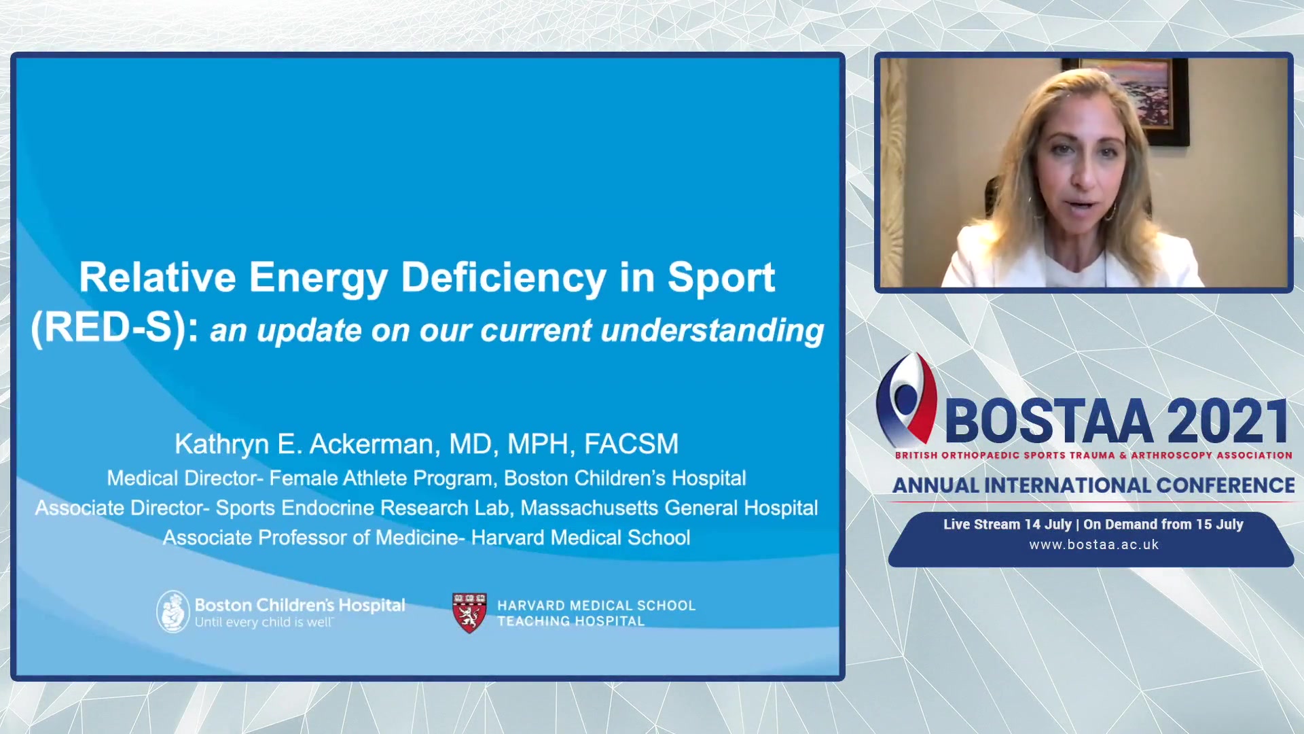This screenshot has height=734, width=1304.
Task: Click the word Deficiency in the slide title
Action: tap(503, 279)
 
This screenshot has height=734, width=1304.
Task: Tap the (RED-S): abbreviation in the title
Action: tap(115, 328)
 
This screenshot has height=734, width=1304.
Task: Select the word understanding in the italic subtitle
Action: tap(712, 331)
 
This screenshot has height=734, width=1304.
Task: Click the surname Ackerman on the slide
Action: tap(371, 444)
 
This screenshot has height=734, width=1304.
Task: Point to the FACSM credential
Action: tap(631, 444)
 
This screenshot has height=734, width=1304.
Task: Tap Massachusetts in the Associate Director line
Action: tap(589, 508)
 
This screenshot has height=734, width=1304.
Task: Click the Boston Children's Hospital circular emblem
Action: tap(173, 611)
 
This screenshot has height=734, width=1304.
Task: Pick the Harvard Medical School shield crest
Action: tap(469, 612)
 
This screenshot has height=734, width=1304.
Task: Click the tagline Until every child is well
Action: tap(264, 623)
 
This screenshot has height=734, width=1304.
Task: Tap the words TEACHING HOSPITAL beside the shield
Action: tap(570, 621)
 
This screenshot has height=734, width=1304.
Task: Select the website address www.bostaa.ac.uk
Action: tap(1093, 544)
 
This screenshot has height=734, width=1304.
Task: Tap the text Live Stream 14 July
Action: tap(1007, 524)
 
